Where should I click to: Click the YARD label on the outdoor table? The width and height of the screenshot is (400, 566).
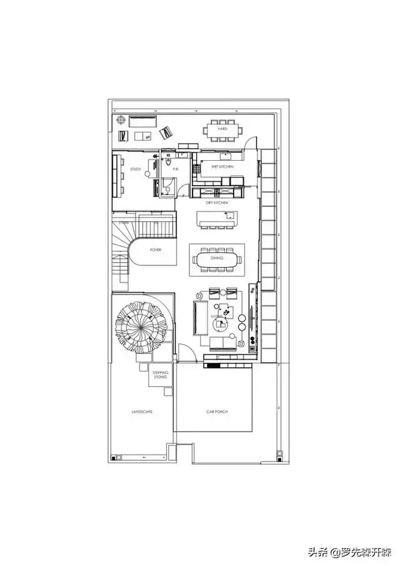point(222,129)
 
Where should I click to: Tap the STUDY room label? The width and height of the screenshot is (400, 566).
point(136,169)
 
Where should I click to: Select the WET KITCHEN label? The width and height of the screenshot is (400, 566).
point(222,168)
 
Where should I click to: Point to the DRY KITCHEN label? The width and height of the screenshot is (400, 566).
point(217,203)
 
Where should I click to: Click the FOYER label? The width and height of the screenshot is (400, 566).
point(156,250)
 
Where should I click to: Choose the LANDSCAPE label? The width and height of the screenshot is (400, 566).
point(142,412)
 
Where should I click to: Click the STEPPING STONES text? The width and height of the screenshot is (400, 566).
point(160,376)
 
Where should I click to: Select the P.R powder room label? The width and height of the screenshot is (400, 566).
point(176,169)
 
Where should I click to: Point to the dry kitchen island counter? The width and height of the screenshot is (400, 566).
point(217,220)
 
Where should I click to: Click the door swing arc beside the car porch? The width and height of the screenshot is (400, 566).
point(186,353)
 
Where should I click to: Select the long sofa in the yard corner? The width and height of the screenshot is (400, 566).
point(144,121)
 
